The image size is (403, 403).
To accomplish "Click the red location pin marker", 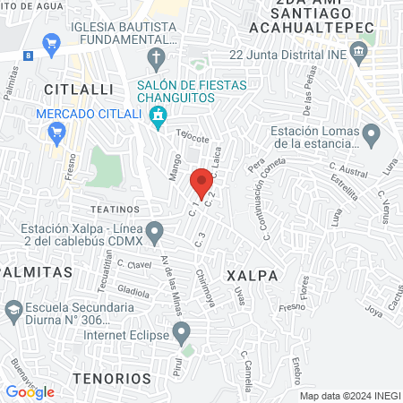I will (202, 181).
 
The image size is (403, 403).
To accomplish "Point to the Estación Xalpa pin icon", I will (155, 233).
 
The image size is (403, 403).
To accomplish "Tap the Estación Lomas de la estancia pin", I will (371, 135).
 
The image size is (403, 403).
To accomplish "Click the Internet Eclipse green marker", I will (183, 336).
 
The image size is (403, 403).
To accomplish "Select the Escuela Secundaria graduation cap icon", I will (14, 311).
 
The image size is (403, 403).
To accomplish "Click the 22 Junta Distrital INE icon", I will (358, 54).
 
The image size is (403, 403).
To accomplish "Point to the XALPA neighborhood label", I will (248, 274).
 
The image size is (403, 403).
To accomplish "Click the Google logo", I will (30, 391).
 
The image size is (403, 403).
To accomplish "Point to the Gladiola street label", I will (133, 292).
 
